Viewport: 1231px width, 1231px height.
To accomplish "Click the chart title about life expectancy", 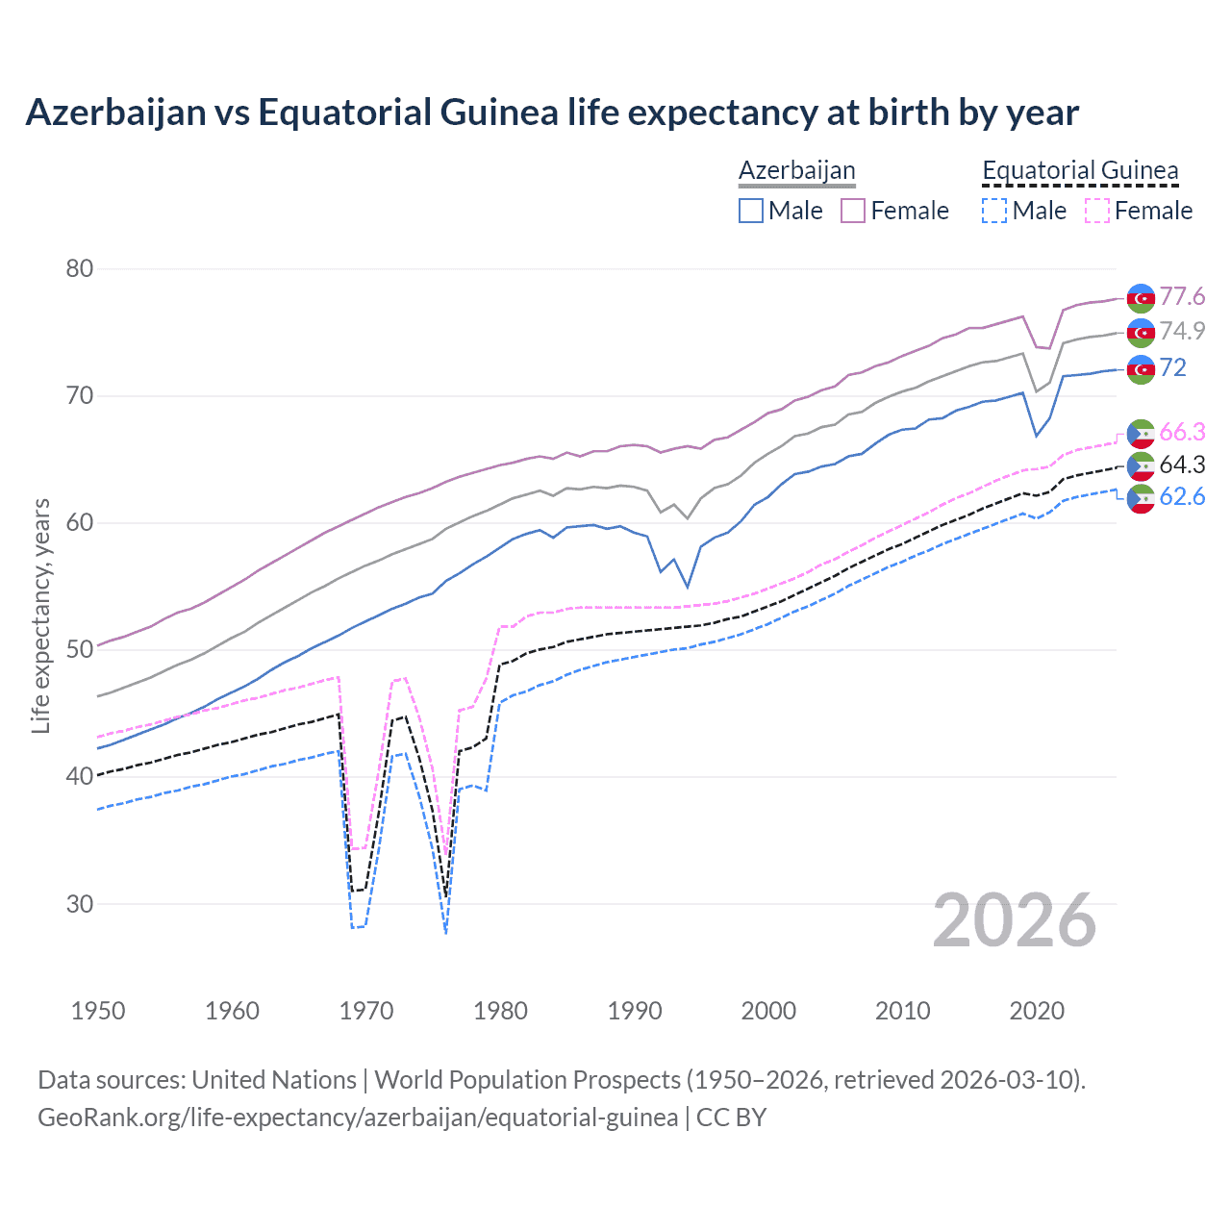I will click(552, 113).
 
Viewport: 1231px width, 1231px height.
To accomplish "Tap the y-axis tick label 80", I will click(80, 268).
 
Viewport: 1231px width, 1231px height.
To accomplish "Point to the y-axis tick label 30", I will click(80, 904).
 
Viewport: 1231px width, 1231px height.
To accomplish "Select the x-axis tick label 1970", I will click(366, 1011).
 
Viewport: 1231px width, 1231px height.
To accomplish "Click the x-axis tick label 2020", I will click(1037, 1011).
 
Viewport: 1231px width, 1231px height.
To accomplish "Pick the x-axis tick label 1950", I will click(98, 1011).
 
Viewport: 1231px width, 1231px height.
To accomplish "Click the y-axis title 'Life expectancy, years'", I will click(40, 615).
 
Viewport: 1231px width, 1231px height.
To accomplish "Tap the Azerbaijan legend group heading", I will click(796, 170).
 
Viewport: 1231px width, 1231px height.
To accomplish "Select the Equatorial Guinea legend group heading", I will click(1080, 170).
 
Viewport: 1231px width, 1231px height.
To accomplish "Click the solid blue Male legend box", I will click(751, 211).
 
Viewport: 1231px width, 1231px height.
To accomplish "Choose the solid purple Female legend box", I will click(853, 211).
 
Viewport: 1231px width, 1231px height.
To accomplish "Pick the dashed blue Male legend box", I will click(994, 211).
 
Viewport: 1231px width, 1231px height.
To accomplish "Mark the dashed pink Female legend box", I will click(1096, 211).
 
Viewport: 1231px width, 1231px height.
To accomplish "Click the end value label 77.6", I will click(1182, 296).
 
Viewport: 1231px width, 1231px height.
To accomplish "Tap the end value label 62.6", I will click(1182, 496).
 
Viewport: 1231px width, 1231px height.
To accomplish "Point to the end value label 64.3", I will click(1182, 465).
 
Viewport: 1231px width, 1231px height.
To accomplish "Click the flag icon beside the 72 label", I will click(1141, 368).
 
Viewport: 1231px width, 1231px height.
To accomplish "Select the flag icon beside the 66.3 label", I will click(1141, 434).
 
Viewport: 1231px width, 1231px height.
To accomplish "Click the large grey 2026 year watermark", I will click(1015, 920).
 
